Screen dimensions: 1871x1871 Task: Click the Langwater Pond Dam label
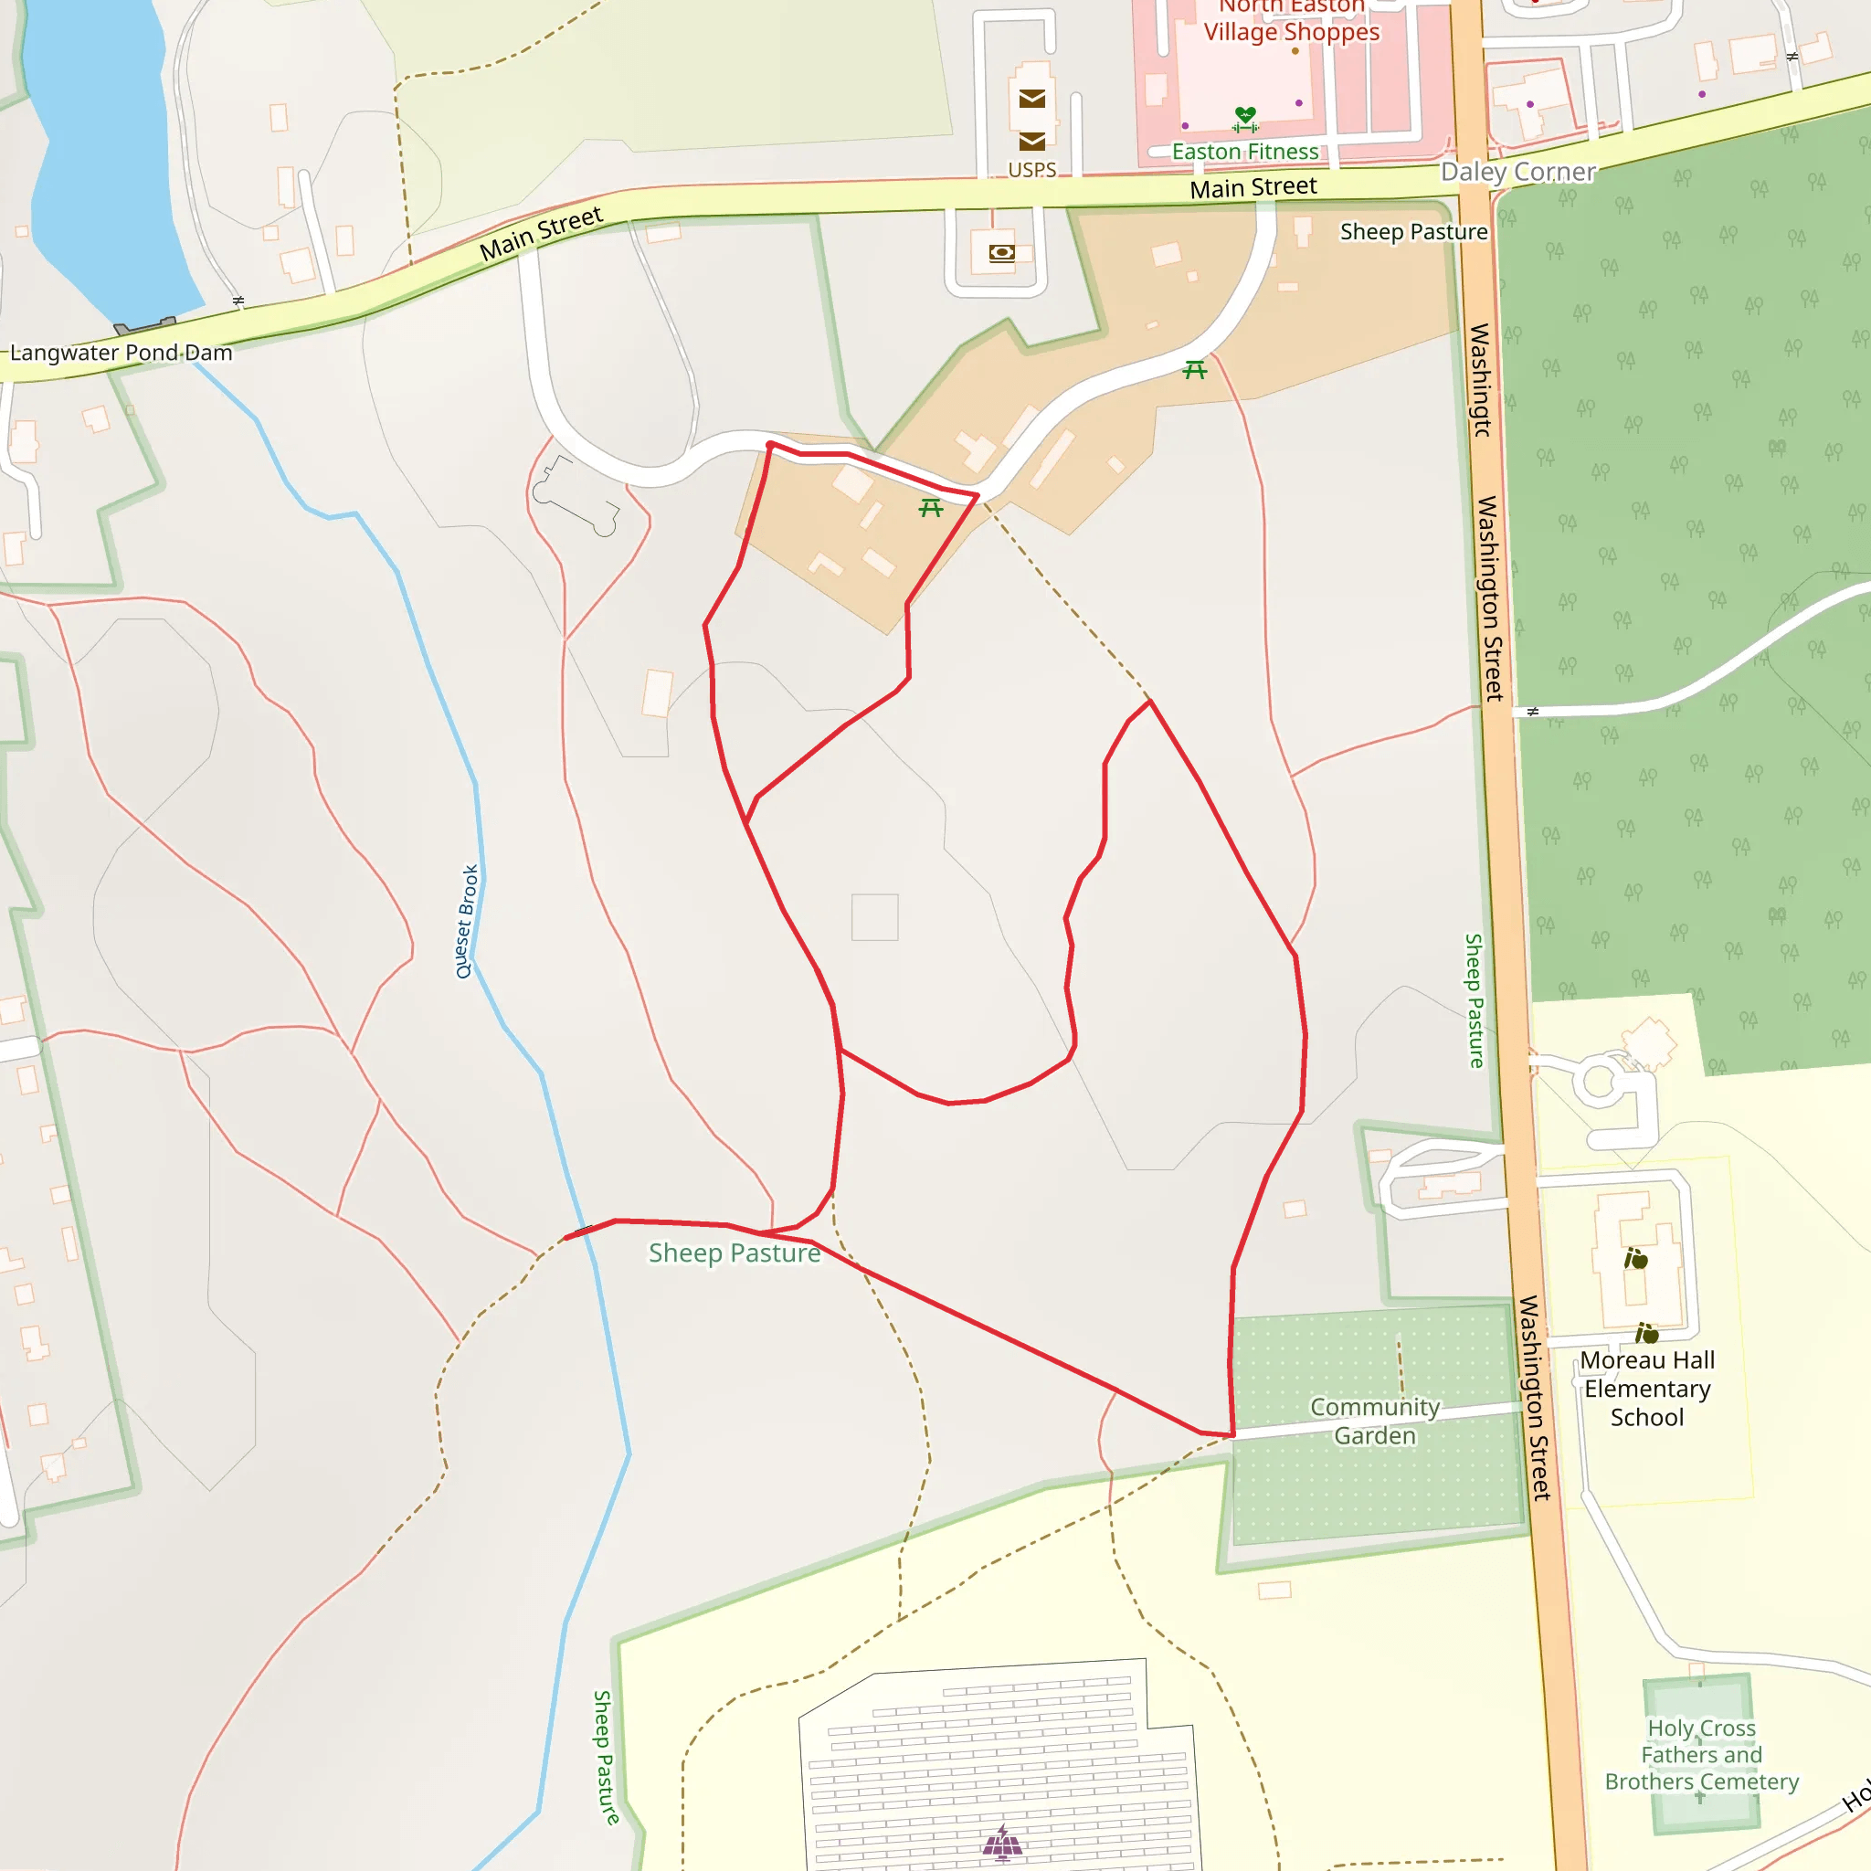pyautogui.click(x=122, y=353)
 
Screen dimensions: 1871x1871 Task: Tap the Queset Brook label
pyautogui.click(x=467, y=921)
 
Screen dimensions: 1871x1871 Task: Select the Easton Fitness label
pyautogui.click(x=1244, y=152)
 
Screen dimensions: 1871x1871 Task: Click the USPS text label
pyautogui.click(x=1031, y=171)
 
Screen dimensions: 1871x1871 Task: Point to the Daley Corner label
pyautogui.click(x=1517, y=173)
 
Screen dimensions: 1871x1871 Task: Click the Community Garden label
pyautogui.click(x=1374, y=1421)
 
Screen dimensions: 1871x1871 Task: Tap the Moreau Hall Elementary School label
pyautogui.click(x=1646, y=1388)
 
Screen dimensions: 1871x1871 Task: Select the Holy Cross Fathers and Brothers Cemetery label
pyautogui.click(x=1700, y=1754)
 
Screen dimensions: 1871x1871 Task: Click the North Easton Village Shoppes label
pyautogui.click(x=1291, y=21)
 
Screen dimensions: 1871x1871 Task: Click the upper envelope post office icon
pyautogui.click(x=1031, y=99)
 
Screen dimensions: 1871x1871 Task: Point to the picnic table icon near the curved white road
pyautogui.click(x=1195, y=370)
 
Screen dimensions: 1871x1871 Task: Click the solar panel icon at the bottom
pyautogui.click(x=1001, y=1843)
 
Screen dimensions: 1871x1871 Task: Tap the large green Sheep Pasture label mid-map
pyautogui.click(x=735, y=1253)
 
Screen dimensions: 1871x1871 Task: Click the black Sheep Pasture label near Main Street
pyautogui.click(x=1413, y=232)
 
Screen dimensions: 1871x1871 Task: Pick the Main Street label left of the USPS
pyautogui.click(x=542, y=233)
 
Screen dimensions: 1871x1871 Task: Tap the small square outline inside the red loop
pyautogui.click(x=874, y=917)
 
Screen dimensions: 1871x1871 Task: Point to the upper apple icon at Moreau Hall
pyautogui.click(x=1635, y=1259)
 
